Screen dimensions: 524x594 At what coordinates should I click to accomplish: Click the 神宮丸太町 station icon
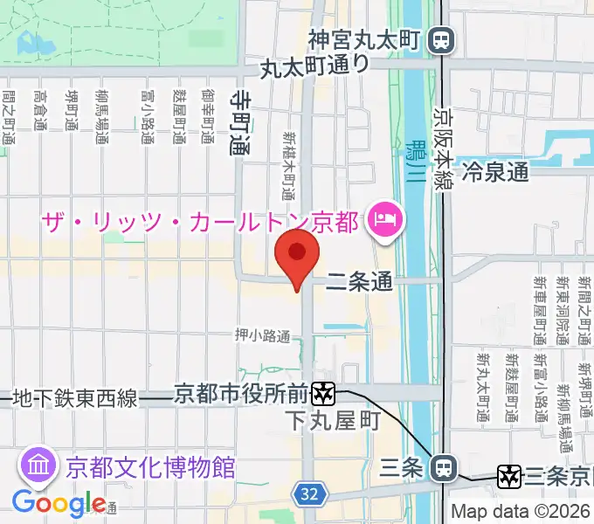[444, 39]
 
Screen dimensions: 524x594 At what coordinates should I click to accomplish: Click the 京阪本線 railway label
[444, 144]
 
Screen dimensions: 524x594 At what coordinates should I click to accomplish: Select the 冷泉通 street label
[496, 171]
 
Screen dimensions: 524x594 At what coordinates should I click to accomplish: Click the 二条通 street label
[360, 281]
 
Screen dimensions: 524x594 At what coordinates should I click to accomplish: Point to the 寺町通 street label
[238, 123]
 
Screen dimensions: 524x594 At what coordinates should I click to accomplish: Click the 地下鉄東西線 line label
[75, 399]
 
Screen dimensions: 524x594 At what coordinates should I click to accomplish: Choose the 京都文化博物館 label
[149, 466]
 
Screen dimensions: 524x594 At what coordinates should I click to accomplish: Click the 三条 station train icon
[444, 468]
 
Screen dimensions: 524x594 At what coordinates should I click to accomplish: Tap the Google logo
[58, 503]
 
